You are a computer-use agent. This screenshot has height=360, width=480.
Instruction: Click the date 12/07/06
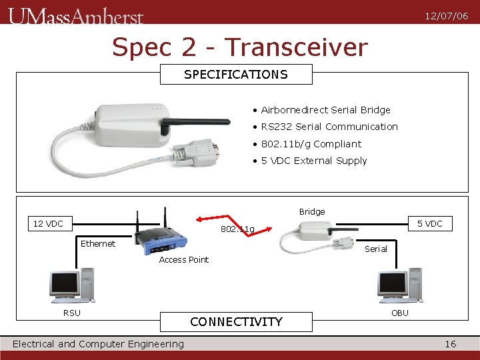tap(447, 16)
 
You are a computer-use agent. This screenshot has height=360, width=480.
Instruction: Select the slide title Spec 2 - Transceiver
tap(239, 47)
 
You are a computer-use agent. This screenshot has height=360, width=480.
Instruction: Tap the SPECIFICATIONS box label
tap(236, 75)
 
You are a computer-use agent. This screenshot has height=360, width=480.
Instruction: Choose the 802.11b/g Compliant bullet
tap(311, 144)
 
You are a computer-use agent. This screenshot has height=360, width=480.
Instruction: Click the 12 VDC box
tap(48, 223)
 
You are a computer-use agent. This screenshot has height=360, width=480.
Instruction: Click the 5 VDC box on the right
tap(430, 223)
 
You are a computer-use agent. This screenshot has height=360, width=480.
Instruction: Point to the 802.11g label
tap(237, 230)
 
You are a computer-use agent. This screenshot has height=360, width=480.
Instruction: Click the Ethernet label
tap(98, 244)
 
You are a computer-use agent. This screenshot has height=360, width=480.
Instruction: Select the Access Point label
tap(183, 260)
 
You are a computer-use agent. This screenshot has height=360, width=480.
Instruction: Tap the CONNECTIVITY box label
tap(236, 322)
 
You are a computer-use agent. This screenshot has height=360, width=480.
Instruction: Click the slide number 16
tap(451, 344)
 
